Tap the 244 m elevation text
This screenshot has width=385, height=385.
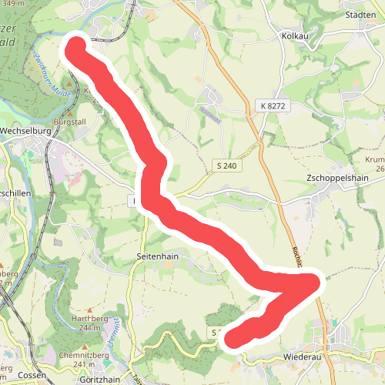90,328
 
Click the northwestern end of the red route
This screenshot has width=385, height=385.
75,46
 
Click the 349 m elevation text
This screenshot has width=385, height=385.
11,5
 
